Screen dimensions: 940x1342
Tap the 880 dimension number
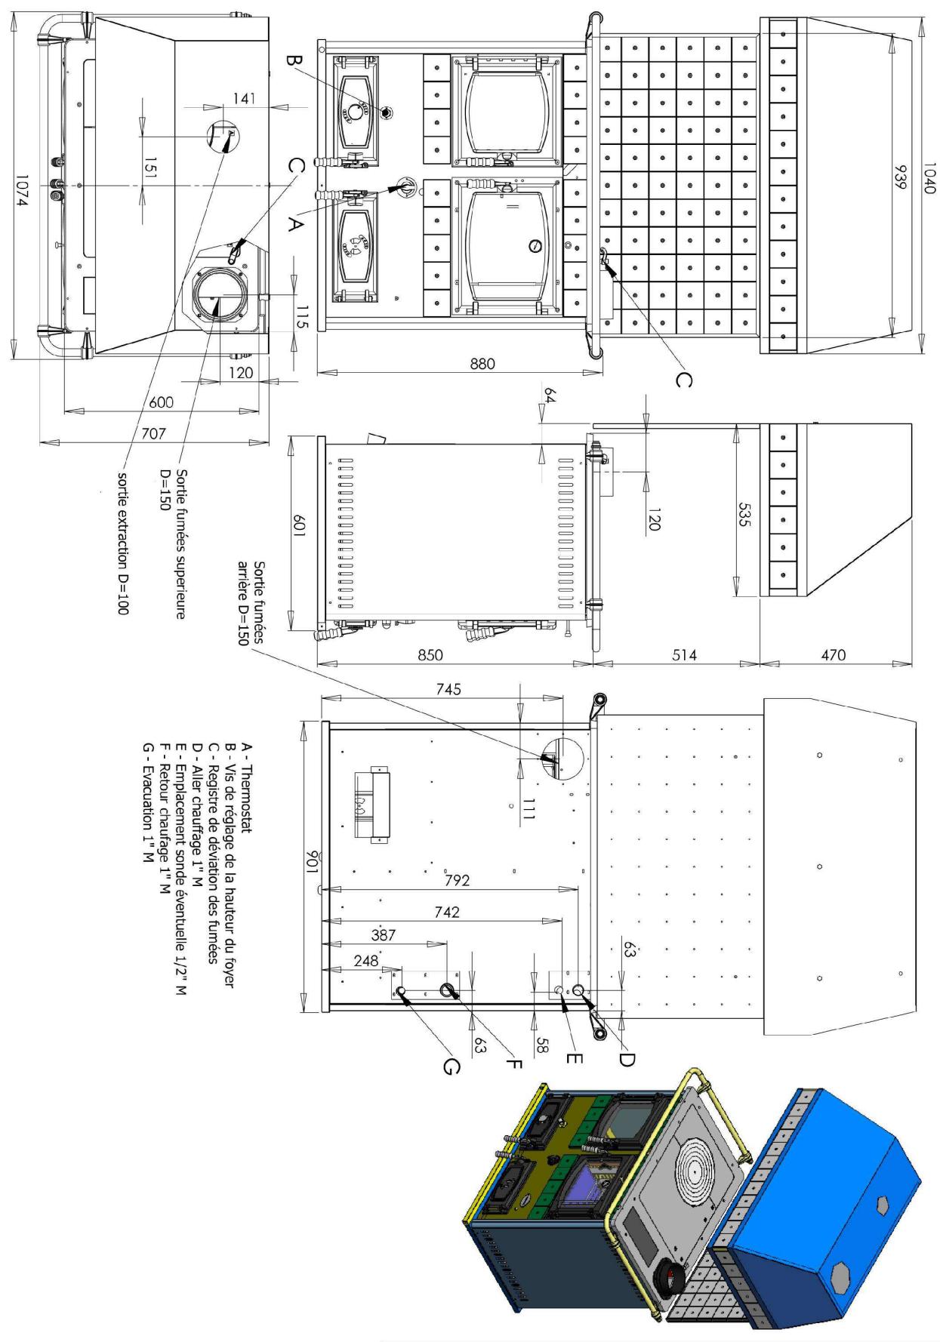(x=482, y=363)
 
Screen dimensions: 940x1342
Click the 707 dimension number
(x=153, y=433)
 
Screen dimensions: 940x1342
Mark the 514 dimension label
(x=684, y=654)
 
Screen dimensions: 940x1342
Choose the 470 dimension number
(x=833, y=654)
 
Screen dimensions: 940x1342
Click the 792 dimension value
(x=456, y=880)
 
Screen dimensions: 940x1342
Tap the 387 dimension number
(x=384, y=934)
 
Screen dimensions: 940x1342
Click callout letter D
(x=626, y=1059)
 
